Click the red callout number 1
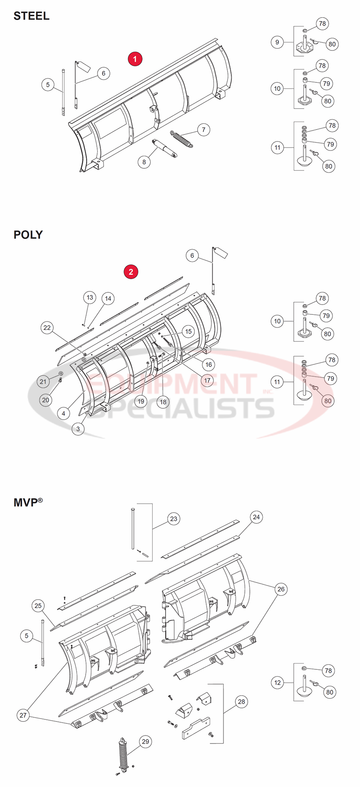(x=134, y=59)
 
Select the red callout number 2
(x=131, y=271)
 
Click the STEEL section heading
(x=31, y=16)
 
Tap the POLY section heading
(x=28, y=235)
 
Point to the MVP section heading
(x=28, y=502)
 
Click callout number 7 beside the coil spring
(x=203, y=130)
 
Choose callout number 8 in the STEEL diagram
(x=144, y=162)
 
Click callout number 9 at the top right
(x=277, y=42)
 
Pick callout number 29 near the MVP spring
(x=145, y=742)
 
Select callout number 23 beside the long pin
(x=174, y=519)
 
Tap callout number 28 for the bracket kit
(x=242, y=702)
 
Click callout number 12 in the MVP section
(x=278, y=683)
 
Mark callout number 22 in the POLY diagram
(x=47, y=327)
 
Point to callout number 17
(x=207, y=380)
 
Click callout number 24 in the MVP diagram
(x=256, y=517)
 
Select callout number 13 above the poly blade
(x=90, y=298)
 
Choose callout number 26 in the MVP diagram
(x=281, y=589)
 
